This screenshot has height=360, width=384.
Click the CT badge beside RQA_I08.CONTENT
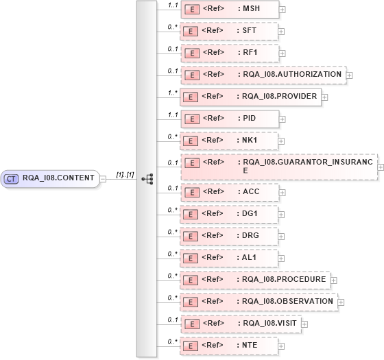coord(11,178)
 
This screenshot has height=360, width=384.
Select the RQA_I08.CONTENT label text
coord(58,178)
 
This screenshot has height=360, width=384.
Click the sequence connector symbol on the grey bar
coord(147,178)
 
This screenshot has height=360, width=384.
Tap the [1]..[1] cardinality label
coord(125,174)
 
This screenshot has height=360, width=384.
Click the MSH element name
coord(251,10)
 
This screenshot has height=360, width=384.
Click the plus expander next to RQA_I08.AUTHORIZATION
coord(350,75)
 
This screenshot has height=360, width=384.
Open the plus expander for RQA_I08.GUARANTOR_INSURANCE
coord(381,167)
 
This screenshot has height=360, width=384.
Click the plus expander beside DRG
coord(281,237)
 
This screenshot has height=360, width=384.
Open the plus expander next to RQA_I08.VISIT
coord(304,324)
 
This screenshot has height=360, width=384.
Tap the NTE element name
coord(250,345)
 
